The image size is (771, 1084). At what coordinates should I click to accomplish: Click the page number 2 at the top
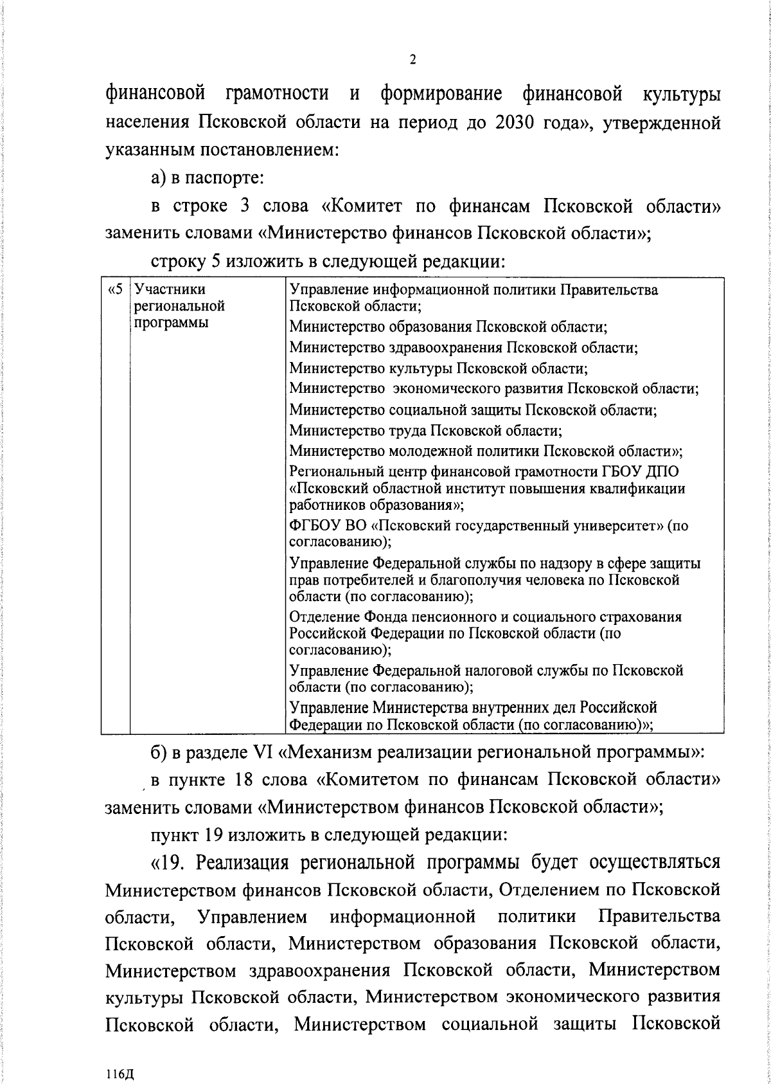click(412, 60)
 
